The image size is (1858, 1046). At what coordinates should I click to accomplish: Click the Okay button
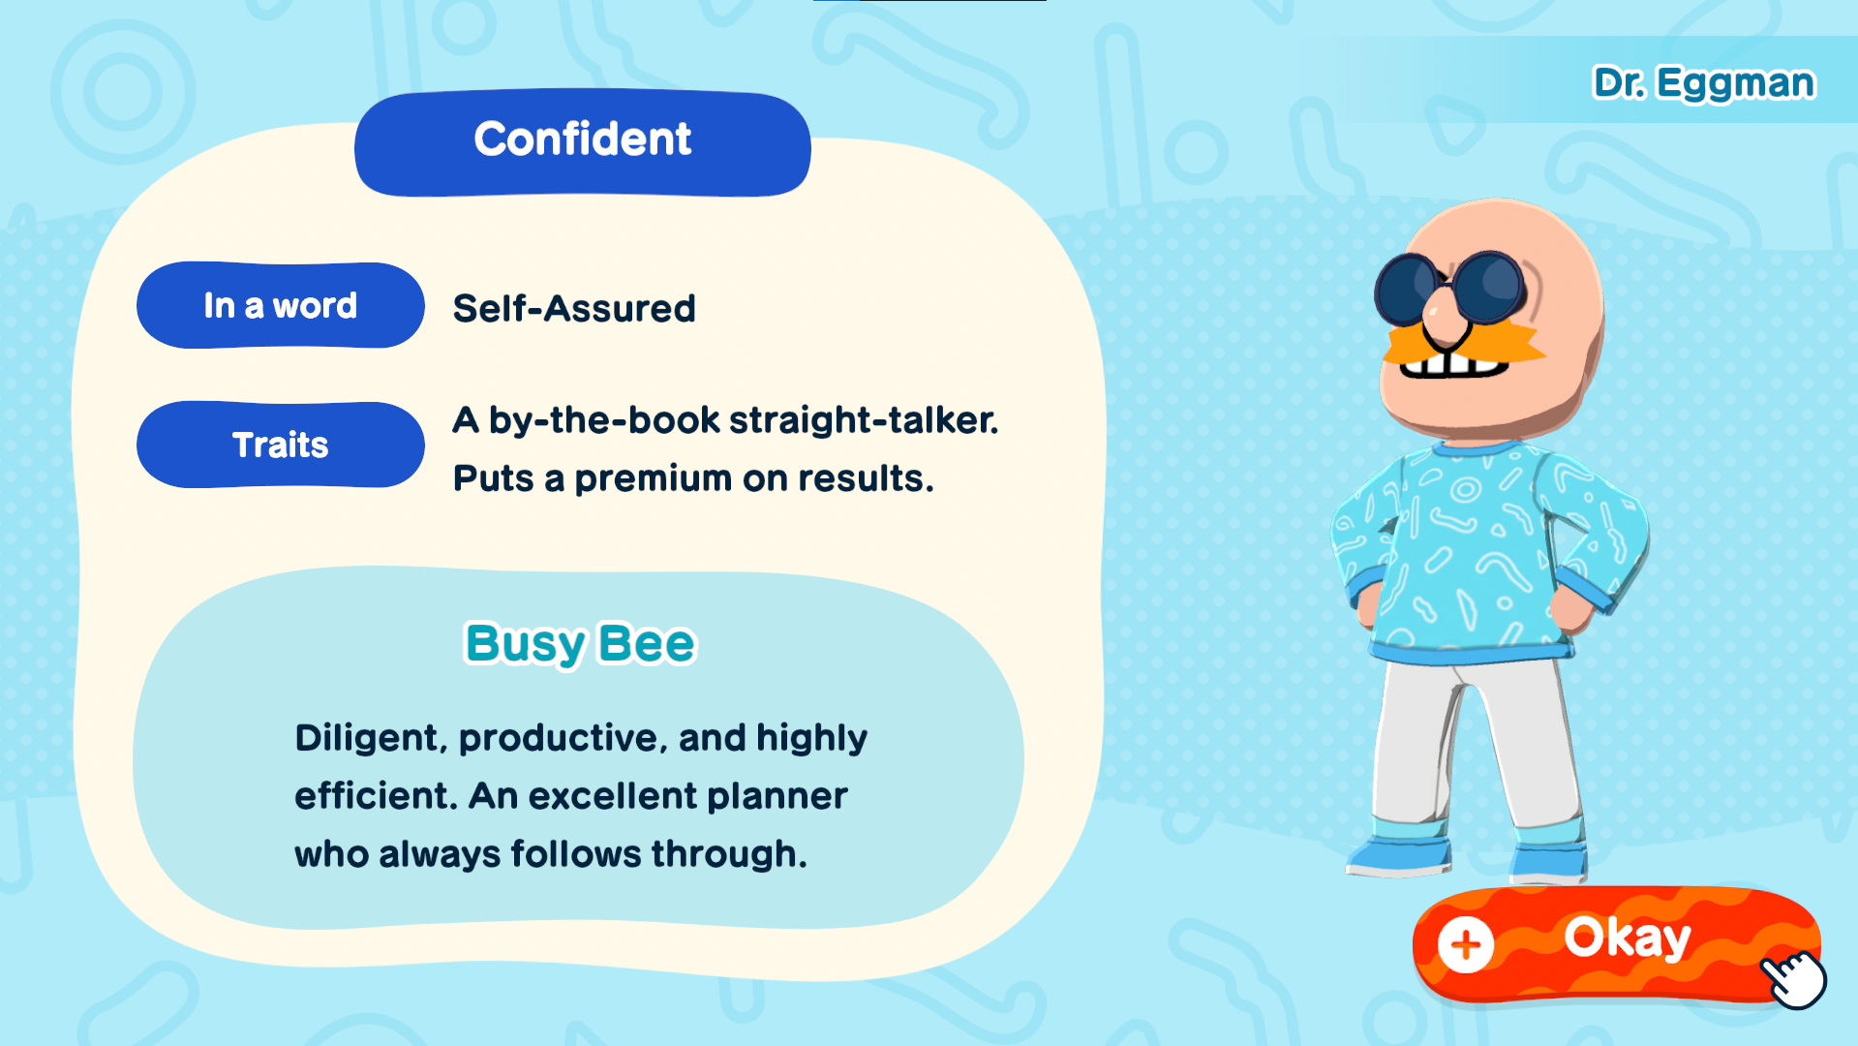pos(1616,943)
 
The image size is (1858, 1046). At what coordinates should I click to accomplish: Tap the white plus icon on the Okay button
pos(1466,944)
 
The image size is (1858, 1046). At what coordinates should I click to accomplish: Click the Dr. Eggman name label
pos(1704,83)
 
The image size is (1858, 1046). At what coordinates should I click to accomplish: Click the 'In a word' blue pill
pos(281,305)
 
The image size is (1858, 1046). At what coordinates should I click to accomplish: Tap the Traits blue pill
pos(281,445)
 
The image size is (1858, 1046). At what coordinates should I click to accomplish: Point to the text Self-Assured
pos(574,309)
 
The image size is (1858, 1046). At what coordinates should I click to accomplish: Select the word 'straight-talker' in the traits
pos(864,420)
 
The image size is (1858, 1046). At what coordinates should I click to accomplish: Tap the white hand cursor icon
pos(1794,979)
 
